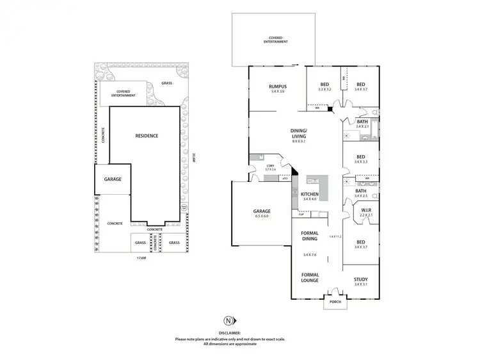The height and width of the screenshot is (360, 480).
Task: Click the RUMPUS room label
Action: pyautogui.click(x=278, y=86)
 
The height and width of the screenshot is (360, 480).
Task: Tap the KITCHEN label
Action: pyautogui.click(x=310, y=194)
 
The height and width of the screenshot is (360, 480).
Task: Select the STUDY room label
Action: pyautogui.click(x=361, y=279)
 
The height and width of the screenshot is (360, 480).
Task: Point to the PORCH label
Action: pyautogui.click(x=334, y=302)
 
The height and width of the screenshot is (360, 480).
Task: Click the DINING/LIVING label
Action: pyautogui.click(x=299, y=133)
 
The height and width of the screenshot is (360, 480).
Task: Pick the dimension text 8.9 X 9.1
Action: pyautogui.click(x=299, y=142)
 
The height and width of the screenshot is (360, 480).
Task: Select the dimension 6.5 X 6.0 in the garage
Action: pyautogui.click(x=261, y=217)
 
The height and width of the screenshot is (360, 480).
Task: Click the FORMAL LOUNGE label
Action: pyautogui.click(x=310, y=278)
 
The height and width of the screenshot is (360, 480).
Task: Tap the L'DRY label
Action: pyautogui.click(x=270, y=167)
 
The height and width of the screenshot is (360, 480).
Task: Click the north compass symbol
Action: pyautogui.click(x=228, y=320)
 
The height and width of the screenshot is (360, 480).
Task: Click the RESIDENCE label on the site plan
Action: pyautogui.click(x=147, y=136)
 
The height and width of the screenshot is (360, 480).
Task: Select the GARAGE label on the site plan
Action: pyautogui.click(x=113, y=179)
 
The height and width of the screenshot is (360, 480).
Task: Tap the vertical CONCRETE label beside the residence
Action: pyautogui.click(x=103, y=135)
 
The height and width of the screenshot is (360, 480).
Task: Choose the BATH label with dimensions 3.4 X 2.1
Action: pyautogui.click(x=362, y=122)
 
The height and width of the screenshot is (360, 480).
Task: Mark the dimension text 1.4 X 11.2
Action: pyautogui.click(x=335, y=236)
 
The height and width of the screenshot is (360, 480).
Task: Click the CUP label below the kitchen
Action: pyautogui.click(x=301, y=215)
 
